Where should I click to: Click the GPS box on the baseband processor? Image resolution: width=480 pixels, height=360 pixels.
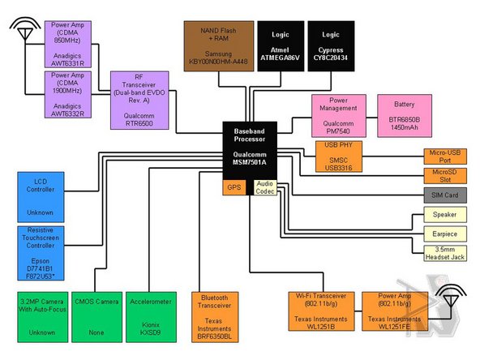click(234, 187)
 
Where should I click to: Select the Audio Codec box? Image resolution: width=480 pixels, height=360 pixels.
click(265, 187)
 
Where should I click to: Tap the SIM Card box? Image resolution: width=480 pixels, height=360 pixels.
click(445, 195)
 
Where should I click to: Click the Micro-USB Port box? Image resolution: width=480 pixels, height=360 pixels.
click(445, 156)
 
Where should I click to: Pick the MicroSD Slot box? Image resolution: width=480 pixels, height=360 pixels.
click(445, 176)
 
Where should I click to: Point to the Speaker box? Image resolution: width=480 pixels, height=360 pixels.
click(445, 215)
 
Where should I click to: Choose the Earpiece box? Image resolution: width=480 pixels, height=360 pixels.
click(445, 234)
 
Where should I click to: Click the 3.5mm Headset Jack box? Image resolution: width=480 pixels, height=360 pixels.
click(445, 253)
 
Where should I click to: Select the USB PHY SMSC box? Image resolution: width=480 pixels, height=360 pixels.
click(339, 156)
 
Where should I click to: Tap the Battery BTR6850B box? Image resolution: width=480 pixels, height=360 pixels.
click(405, 116)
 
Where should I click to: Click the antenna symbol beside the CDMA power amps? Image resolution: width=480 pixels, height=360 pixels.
click(25, 30)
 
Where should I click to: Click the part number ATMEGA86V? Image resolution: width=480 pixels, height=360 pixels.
click(280, 58)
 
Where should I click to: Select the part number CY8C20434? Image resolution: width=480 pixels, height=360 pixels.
click(331, 58)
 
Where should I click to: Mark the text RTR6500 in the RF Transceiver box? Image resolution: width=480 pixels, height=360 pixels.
click(139, 123)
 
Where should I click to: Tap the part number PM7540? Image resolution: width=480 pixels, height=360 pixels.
click(338, 131)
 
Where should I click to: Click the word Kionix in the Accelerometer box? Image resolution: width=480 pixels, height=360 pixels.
click(151, 324)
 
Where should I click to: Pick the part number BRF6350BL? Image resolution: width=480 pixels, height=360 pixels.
click(214, 336)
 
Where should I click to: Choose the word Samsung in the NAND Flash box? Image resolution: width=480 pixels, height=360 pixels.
click(218, 54)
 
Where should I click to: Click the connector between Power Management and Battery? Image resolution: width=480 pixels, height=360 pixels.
click(371, 118)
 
